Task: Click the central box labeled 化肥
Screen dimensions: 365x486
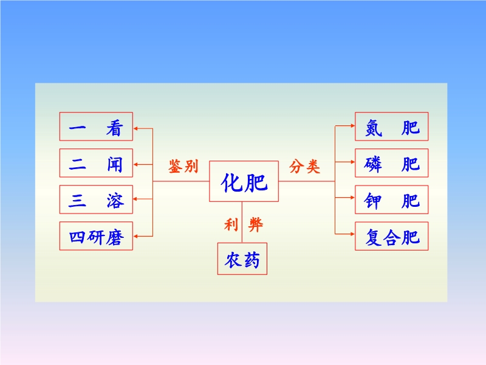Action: [244, 181]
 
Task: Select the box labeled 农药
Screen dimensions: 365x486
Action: [242, 259]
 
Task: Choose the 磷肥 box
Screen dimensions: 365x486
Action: [392, 163]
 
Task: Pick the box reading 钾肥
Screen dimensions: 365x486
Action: [392, 200]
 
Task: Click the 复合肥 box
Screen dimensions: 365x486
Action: [392, 236]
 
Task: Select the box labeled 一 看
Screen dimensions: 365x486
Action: [96, 127]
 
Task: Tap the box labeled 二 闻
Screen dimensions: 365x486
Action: [96, 163]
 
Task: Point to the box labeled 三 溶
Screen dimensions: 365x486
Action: [96, 200]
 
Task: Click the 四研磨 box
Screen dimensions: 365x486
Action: [96, 237]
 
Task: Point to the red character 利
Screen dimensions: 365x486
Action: [230, 226]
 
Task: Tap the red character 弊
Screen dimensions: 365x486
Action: [256, 226]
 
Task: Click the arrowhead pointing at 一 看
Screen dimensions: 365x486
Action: [136, 128]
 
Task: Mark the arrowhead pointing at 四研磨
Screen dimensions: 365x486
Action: [136, 235]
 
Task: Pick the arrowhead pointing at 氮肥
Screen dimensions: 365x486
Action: [352, 125]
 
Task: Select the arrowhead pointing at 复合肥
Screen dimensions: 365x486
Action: [352, 232]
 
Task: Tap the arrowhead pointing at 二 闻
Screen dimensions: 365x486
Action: [136, 164]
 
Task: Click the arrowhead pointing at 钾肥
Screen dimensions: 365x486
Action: [352, 197]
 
